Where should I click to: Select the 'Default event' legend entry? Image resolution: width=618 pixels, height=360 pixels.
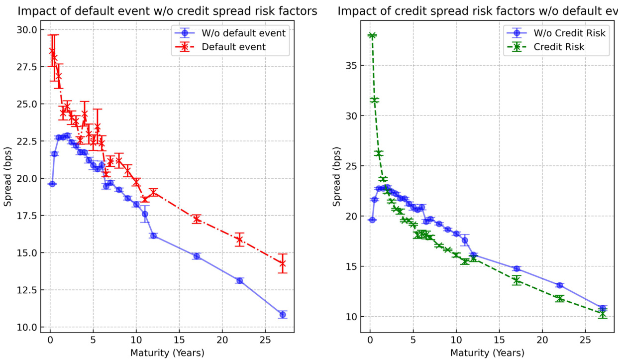(233, 47)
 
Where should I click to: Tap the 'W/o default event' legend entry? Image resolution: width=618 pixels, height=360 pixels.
(243, 33)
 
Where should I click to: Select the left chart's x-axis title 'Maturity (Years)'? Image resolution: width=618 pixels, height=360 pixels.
(167, 353)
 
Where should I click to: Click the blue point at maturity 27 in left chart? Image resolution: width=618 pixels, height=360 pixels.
(283, 315)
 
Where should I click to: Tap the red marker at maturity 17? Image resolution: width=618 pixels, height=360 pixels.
(197, 219)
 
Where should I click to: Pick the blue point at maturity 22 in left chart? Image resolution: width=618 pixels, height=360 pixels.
(239, 281)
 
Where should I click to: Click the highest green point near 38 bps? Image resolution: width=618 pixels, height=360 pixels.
(372, 35)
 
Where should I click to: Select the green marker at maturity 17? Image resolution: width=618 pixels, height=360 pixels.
(516, 280)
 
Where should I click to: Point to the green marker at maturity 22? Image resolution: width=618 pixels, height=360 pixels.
(560, 298)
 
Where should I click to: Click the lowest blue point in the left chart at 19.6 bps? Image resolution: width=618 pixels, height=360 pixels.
(52, 184)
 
